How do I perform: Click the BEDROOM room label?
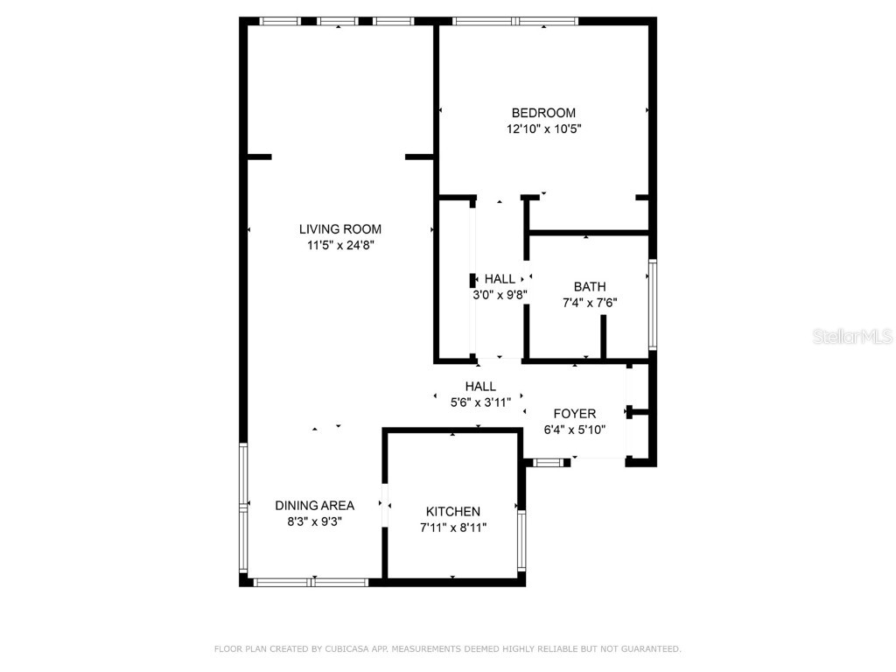(543, 113)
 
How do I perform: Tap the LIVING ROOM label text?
(340, 229)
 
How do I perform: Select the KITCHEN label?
(452, 512)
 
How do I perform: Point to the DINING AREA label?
(314, 506)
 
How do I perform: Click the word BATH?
(589, 287)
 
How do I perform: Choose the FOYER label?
(575, 414)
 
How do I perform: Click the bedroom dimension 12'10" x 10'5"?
(543, 129)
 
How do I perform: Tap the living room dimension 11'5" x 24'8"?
(340, 246)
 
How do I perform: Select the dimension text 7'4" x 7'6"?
(589, 304)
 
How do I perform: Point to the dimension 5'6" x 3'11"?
(480, 402)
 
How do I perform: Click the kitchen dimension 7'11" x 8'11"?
(452, 528)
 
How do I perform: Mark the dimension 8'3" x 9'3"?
(314, 521)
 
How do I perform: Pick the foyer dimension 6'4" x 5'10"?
(575, 430)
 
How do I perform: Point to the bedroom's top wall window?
(516, 20)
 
